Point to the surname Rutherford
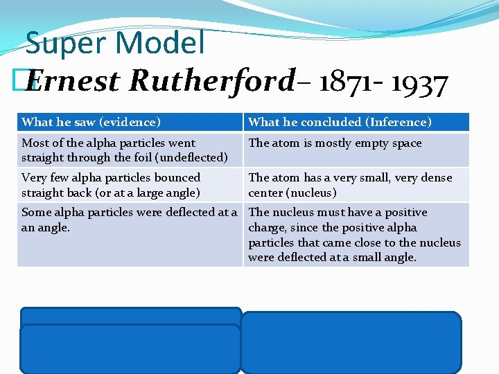click(212, 82)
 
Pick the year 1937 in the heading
click(420, 83)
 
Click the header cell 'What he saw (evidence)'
click(91, 123)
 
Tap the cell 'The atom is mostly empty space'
click(335, 143)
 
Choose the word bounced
click(176, 178)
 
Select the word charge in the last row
click(268, 228)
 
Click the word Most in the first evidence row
click(35, 143)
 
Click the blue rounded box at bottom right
click(351, 342)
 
